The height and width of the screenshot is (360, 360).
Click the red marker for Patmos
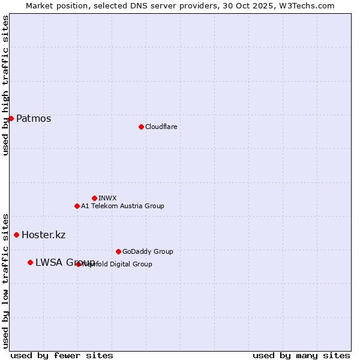[x=11, y=118]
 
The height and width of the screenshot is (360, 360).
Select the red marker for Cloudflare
[x=141, y=127]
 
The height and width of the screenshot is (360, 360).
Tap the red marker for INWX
[x=94, y=198]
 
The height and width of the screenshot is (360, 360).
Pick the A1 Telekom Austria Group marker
[x=77, y=206]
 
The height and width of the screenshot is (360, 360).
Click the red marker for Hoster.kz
[x=16, y=235]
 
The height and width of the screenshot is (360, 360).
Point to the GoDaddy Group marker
[x=118, y=251]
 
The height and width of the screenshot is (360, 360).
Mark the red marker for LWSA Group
[x=30, y=262]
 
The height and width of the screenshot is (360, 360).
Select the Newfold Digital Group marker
[x=79, y=264]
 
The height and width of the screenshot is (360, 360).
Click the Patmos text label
[x=34, y=118]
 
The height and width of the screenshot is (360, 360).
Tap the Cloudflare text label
[x=161, y=127]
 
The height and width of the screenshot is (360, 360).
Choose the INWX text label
[x=107, y=198]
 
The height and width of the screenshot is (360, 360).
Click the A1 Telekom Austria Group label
[x=122, y=206]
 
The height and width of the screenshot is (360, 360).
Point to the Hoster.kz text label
[x=43, y=235]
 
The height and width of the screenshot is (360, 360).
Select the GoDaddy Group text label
[x=148, y=251]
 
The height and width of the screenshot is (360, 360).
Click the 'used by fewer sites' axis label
[x=62, y=355]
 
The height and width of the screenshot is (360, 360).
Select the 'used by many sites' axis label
[x=301, y=355]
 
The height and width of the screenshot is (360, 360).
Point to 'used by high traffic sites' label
[x=5, y=85]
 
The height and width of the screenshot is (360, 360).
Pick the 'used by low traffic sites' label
[x=5, y=280]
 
